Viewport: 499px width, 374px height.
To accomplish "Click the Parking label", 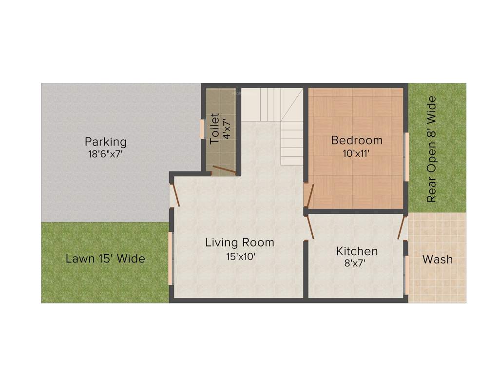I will point(106,142).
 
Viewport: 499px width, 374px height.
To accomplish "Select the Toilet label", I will point(214,129).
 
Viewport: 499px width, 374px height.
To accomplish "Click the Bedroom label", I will point(357,141).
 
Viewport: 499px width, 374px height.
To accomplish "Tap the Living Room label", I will point(239,242).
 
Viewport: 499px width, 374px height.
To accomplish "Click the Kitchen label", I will point(357,251).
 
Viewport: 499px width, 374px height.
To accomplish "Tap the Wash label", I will point(437,259).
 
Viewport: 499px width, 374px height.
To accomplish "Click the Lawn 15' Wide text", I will point(105,259).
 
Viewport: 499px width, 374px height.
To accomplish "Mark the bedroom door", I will point(309,195).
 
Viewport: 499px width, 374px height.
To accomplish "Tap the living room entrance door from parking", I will point(175,194).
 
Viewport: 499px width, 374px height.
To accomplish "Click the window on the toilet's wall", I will point(202,129).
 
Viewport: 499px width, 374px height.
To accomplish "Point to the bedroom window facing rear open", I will point(406,156).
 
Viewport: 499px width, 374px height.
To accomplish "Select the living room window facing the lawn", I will point(171,258).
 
